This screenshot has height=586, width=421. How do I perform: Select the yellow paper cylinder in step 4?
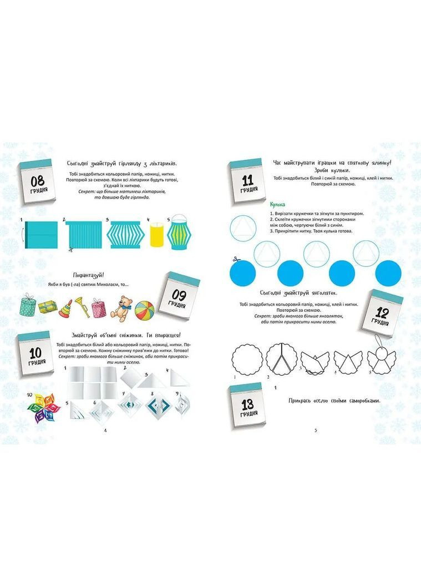pyautogui.click(x=155, y=235)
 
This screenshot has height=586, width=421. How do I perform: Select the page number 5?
pyautogui.click(x=315, y=431)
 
